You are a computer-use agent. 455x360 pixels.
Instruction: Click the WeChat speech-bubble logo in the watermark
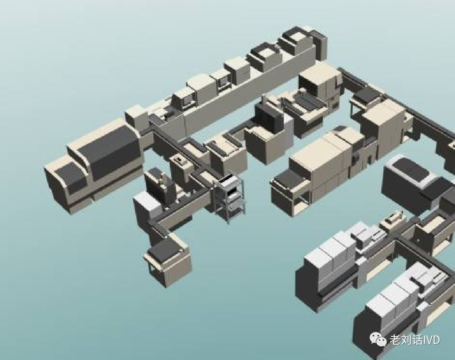377,339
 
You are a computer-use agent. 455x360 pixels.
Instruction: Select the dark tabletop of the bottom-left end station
164,250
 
